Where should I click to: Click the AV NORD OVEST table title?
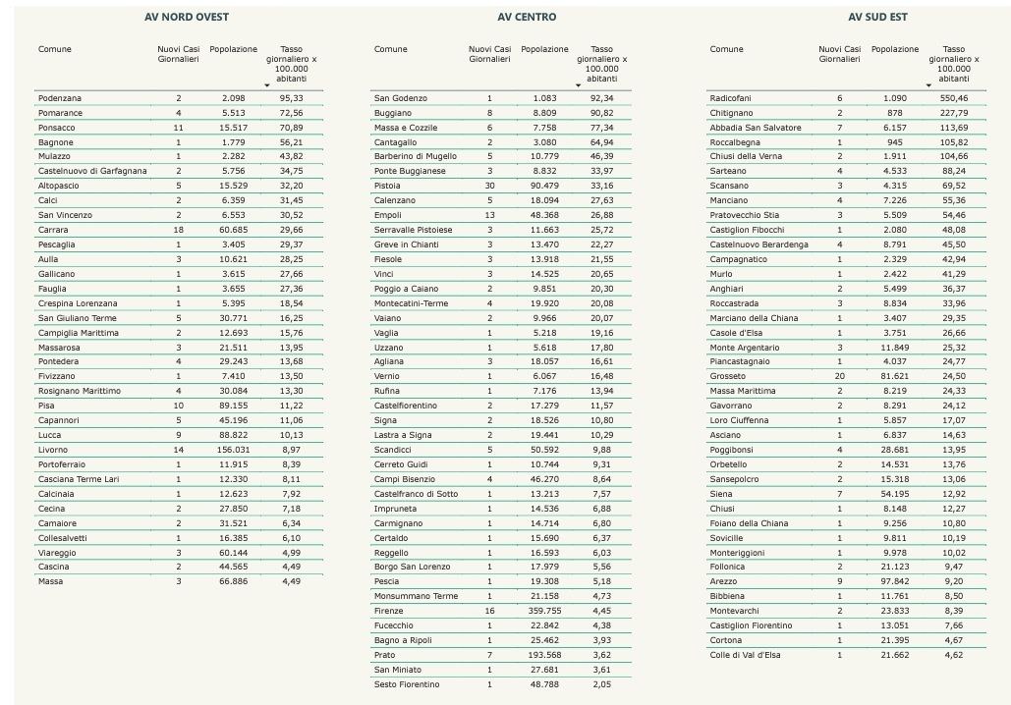pos(187,17)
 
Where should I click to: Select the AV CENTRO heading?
pos(526,17)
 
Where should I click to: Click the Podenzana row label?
pos(59,98)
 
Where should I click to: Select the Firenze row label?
pos(388,610)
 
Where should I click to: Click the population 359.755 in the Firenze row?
pos(544,610)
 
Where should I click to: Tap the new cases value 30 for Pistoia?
pos(489,186)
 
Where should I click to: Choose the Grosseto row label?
pos(727,376)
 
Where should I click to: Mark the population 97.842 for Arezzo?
pos(895,580)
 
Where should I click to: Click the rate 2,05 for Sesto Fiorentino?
pos(601,683)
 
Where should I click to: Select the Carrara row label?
pos(53,230)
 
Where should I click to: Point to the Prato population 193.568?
pos(544,654)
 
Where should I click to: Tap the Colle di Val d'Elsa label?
pos(745,654)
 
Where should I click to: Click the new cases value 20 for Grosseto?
pos(839,376)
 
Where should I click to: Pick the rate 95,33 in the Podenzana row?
pos(291,98)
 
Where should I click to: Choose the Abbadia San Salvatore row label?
pos(755,128)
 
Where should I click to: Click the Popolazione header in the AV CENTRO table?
pos(544,49)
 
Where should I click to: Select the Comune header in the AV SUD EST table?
pos(726,49)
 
